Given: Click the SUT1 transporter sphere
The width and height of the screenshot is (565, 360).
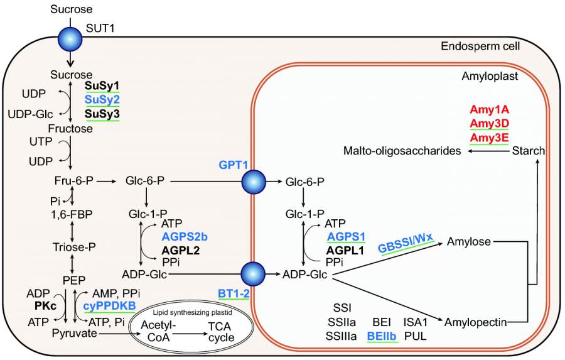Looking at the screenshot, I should [x=70, y=38].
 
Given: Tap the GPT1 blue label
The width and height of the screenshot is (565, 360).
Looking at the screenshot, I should [x=232, y=165].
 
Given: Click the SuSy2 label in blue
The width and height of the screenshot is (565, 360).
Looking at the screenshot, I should [x=102, y=99].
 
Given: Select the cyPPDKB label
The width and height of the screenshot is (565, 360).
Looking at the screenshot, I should [x=109, y=306].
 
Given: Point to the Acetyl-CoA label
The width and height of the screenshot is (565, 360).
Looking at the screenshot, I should [x=157, y=332].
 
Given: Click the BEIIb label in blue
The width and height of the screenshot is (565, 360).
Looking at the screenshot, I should [x=382, y=336].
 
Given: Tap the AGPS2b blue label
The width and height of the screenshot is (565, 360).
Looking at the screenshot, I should [x=185, y=237].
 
